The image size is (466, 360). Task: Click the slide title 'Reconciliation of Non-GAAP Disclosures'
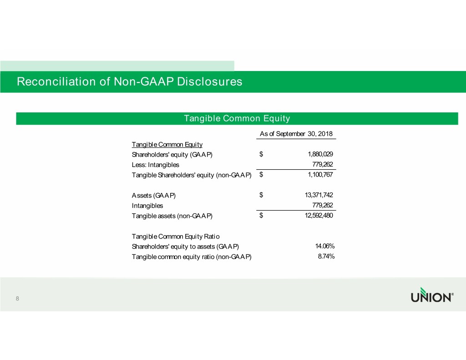[129, 82]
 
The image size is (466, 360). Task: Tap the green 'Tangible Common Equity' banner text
[237, 119]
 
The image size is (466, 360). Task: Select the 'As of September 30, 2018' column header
[296, 134]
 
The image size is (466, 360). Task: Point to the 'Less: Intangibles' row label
[155, 165]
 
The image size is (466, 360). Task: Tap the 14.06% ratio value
[325, 246]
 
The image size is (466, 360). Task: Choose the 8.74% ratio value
[326, 257]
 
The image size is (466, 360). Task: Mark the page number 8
[17, 299]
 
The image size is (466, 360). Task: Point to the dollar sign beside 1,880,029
[261, 154]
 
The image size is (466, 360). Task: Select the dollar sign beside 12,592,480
[261, 216]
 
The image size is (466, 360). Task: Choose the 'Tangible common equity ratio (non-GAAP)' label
[191, 257]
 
